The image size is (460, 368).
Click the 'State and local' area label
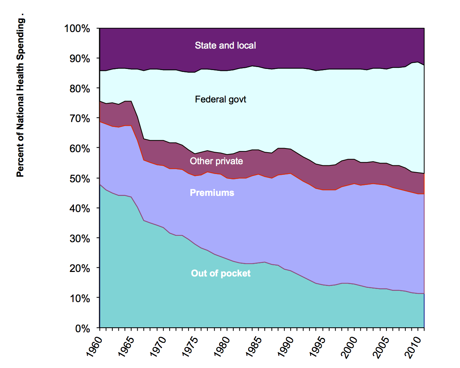coord(225,46)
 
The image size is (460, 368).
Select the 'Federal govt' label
coord(220,100)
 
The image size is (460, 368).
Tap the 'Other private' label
coord(216,161)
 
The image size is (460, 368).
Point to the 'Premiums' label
coord(212,193)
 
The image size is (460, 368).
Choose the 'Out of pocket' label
coord(221,273)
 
